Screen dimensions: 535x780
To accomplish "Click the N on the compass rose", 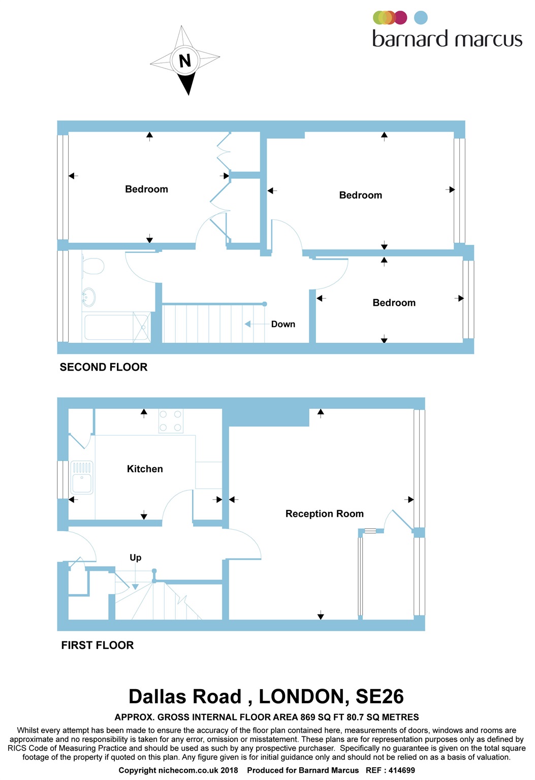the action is (x=185, y=61).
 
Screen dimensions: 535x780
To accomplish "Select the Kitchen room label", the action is (x=145, y=469).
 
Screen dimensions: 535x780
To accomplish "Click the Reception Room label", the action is (x=325, y=513).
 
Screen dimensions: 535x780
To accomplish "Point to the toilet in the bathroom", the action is (x=93, y=266).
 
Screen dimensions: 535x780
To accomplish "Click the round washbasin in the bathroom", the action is (x=88, y=297).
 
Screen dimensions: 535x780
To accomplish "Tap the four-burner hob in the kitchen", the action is (x=171, y=421).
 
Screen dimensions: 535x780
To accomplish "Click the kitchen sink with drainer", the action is (x=82, y=477).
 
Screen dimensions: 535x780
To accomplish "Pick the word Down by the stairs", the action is (x=283, y=324).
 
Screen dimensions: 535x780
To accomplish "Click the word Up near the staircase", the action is (x=136, y=558).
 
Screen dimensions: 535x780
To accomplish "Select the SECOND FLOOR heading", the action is (x=104, y=367).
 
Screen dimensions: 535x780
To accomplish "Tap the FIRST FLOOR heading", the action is (x=98, y=645).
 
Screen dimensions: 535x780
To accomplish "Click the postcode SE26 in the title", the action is (x=380, y=696).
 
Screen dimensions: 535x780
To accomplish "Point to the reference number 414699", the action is (x=401, y=770).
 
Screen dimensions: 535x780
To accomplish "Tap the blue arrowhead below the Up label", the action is (x=135, y=587).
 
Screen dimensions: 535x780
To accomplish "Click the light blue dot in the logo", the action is (x=421, y=18).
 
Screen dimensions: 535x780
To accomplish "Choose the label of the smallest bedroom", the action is (x=394, y=303).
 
